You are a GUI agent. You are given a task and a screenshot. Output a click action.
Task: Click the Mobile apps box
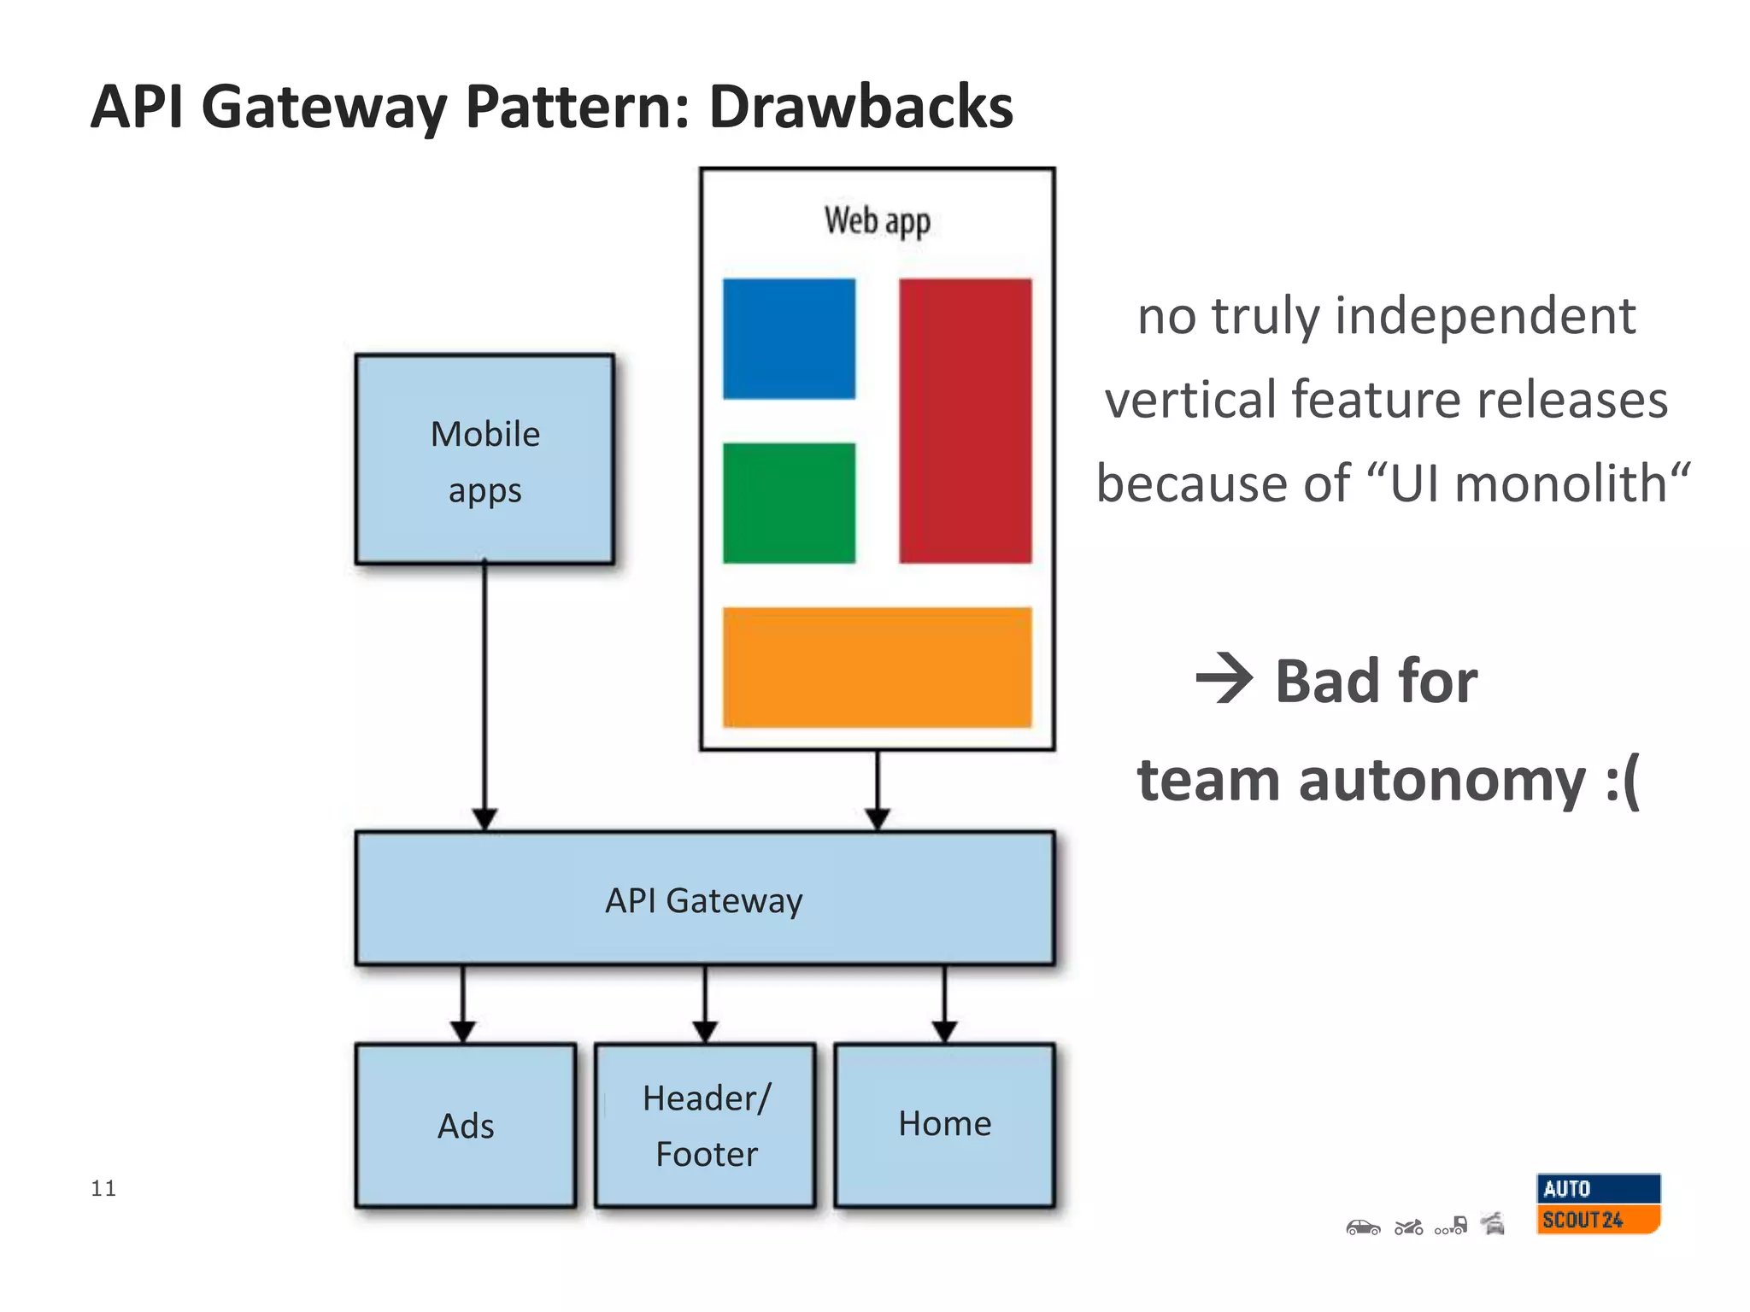coord(484,460)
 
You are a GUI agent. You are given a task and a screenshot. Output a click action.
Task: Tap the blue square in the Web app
coord(789,338)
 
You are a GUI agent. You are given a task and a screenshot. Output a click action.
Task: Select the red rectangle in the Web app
coord(965,420)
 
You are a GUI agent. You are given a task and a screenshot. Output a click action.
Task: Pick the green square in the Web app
coord(789,502)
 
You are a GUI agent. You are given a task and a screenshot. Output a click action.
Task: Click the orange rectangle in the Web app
coord(877,667)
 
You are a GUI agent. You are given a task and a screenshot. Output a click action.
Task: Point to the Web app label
coord(877,221)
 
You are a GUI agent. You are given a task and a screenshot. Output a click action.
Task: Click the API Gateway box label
coord(704,900)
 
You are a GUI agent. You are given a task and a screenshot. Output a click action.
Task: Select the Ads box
coord(466,1125)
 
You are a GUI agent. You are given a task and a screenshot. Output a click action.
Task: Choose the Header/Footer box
coord(706,1125)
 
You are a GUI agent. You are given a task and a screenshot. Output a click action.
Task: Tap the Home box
coord(944,1124)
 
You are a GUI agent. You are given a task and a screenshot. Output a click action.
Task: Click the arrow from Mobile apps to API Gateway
coord(484,692)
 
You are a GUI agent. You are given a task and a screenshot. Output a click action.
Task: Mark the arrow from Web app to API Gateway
coord(878,788)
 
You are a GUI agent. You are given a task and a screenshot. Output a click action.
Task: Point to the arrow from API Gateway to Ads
coord(463,1004)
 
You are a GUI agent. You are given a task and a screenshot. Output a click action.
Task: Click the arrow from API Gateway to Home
coord(944,1004)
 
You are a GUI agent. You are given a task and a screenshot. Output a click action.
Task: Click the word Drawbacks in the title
coord(860,107)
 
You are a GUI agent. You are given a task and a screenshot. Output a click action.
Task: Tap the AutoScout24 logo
coord(1598,1204)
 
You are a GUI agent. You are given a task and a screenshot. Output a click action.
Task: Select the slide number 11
coord(103,1188)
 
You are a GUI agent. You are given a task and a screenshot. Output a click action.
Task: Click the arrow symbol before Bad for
coord(1224,679)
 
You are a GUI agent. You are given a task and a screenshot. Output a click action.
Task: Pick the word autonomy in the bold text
coord(1442,781)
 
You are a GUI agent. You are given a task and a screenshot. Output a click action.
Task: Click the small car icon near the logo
coord(1363,1227)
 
